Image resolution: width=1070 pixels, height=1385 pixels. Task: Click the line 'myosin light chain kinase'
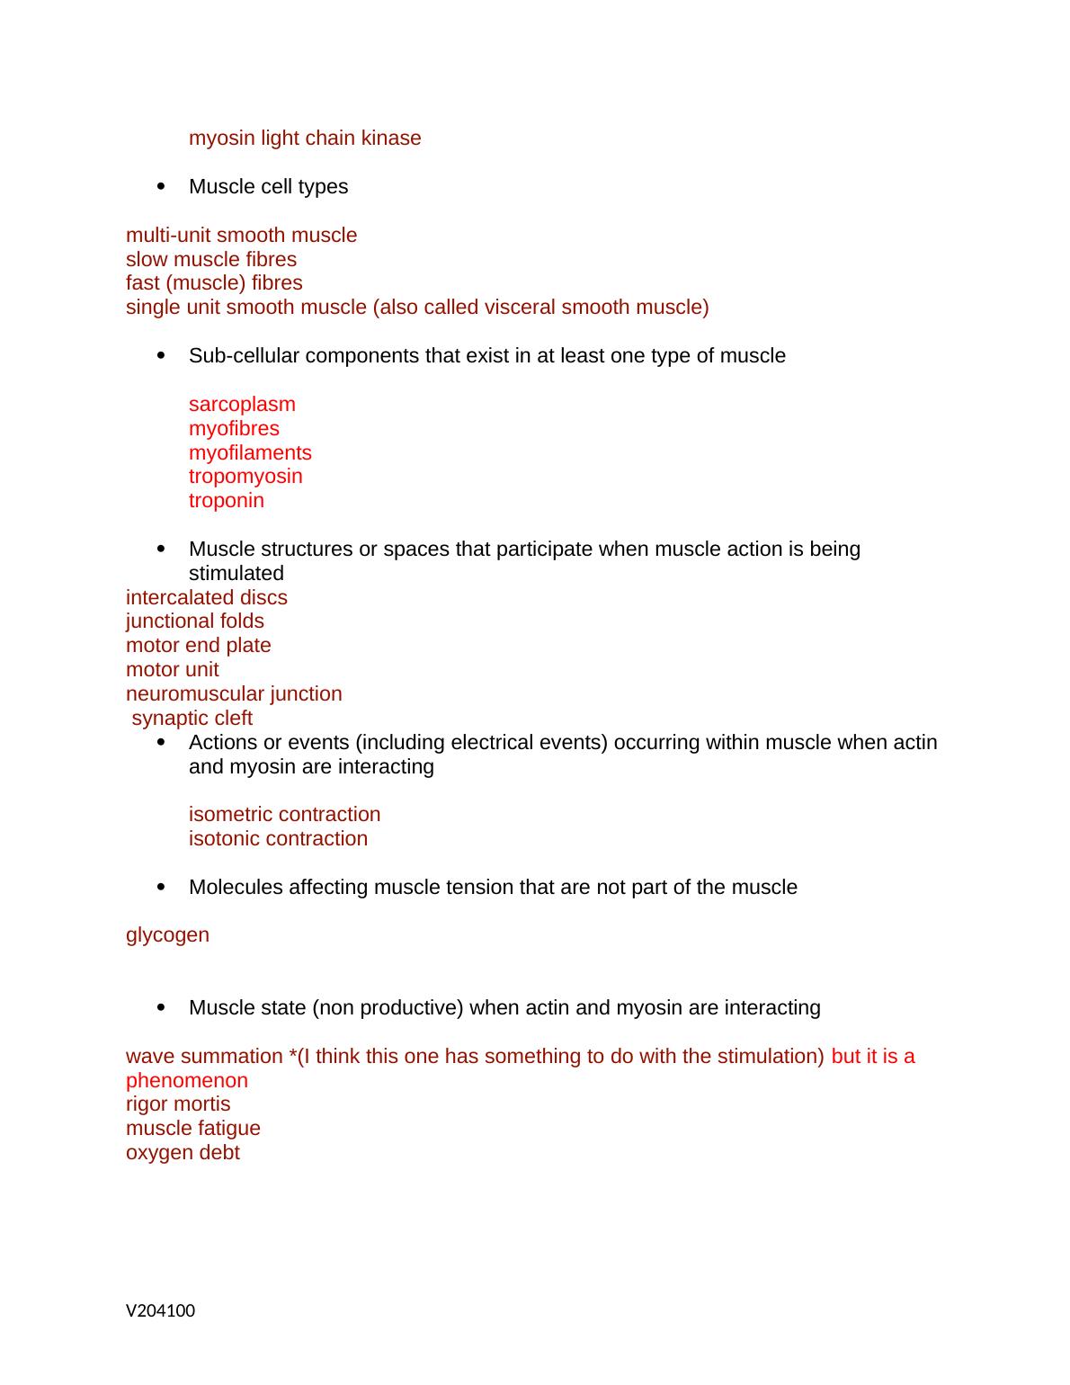pos(305,138)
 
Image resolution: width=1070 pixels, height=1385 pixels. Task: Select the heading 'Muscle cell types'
pos(268,187)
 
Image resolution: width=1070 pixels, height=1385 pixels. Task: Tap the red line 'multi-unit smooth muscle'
pos(241,236)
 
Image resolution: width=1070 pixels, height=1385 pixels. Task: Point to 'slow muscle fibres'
pos(211,260)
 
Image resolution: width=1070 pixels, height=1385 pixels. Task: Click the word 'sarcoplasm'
pos(242,405)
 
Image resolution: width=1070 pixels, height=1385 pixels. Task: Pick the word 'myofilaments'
pos(250,453)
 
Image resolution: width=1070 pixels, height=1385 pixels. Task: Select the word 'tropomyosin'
pos(245,477)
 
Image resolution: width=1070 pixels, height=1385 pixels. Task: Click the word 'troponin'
pos(227,501)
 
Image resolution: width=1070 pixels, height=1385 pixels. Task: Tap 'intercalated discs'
pos(207,598)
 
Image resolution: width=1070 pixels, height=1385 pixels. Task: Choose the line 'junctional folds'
pos(195,621)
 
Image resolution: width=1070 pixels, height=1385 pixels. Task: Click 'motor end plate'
pos(199,646)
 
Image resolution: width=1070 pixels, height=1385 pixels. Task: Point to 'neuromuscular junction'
pos(234,694)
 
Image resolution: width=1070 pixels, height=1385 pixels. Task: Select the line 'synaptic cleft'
pos(192,719)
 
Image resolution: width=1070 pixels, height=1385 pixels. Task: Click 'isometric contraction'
pos(284,815)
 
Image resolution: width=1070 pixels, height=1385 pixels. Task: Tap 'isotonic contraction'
pos(278,839)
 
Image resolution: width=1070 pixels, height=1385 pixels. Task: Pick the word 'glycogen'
pos(167,935)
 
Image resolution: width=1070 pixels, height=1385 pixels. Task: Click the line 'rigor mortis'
pos(178,1104)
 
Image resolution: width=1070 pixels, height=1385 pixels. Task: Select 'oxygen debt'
pos(183,1153)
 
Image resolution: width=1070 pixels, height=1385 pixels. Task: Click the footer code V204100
pos(160,1311)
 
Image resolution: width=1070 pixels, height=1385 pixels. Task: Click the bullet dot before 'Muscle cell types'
pos(161,187)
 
